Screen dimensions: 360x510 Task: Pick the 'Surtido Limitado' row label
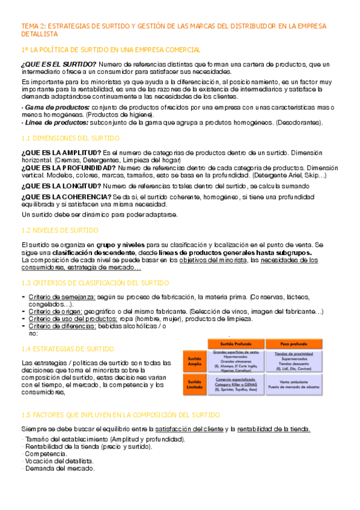click(194, 384)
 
